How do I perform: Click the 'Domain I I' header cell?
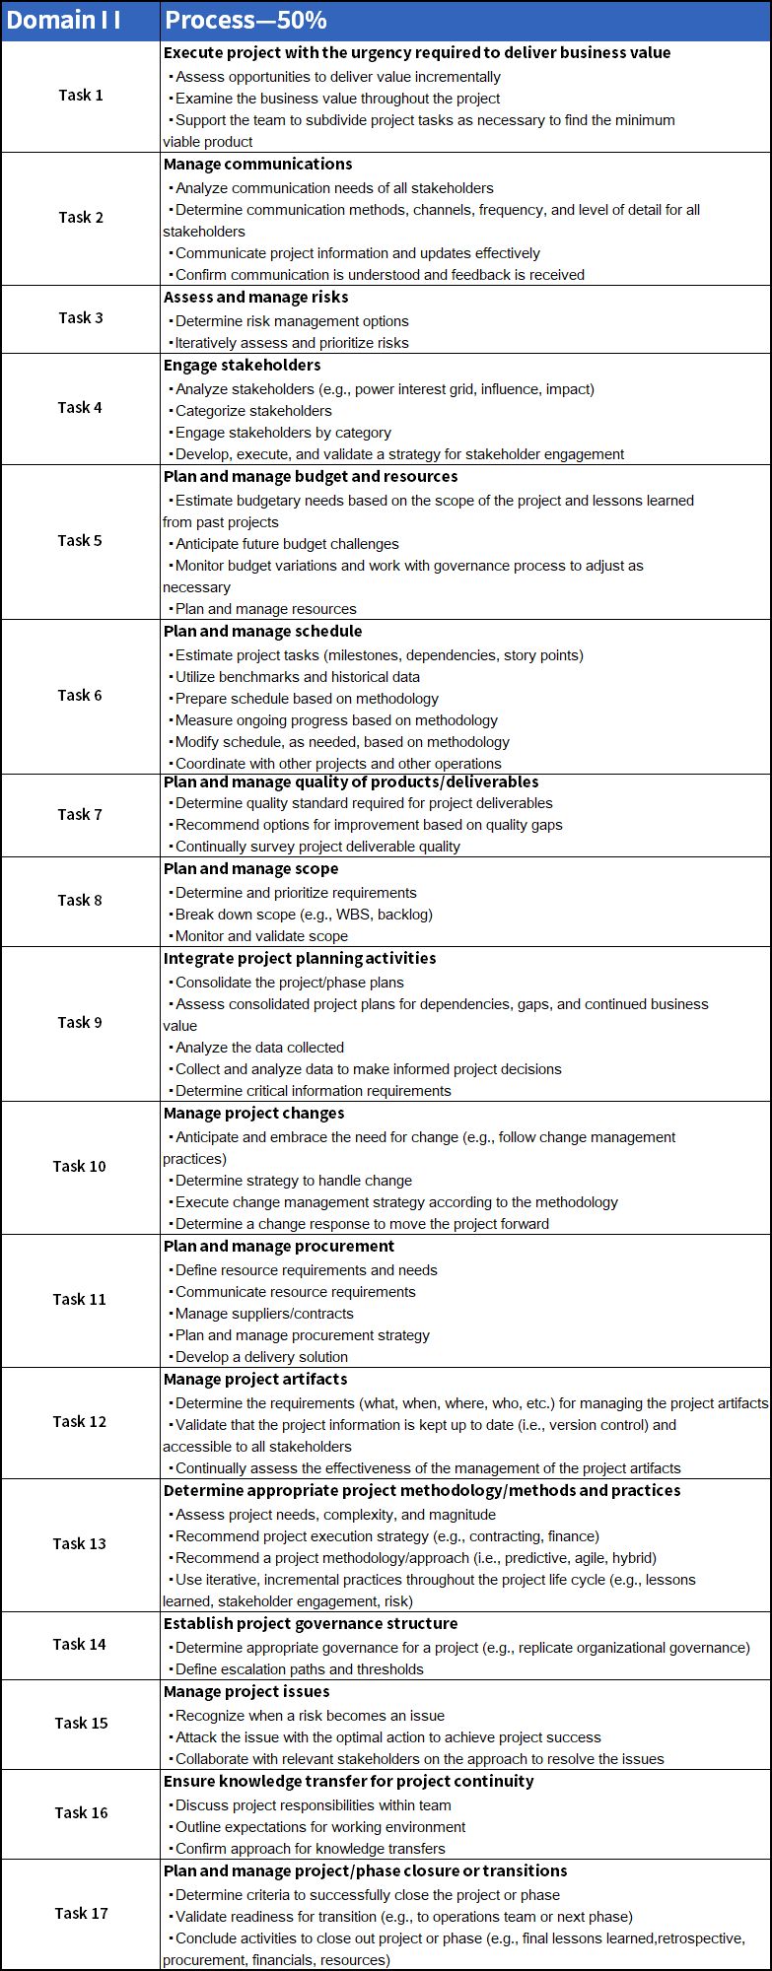tap(64, 21)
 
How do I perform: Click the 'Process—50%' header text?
tap(246, 21)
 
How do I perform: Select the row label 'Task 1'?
tap(80, 95)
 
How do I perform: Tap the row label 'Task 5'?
tap(80, 540)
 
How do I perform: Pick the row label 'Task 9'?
tap(80, 1022)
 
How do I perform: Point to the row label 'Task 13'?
tap(80, 1543)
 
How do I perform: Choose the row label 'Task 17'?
tap(81, 1913)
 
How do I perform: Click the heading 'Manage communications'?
tap(257, 164)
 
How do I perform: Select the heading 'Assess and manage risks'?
tap(255, 297)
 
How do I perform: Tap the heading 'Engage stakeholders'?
tap(242, 365)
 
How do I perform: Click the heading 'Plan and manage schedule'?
tap(262, 631)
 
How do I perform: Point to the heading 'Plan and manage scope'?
tap(250, 868)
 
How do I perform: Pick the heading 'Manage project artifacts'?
tap(255, 1379)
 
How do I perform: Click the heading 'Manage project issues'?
tap(246, 1691)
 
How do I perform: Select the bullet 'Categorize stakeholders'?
tap(253, 411)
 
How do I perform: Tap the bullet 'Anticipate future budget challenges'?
tap(287, 544)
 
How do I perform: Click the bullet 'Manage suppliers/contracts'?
tap(264, 1314)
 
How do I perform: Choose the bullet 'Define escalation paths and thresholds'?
tap(299, 1669)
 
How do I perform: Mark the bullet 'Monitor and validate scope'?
tap(261, 936)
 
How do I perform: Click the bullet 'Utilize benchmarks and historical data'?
tap(297, 677)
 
